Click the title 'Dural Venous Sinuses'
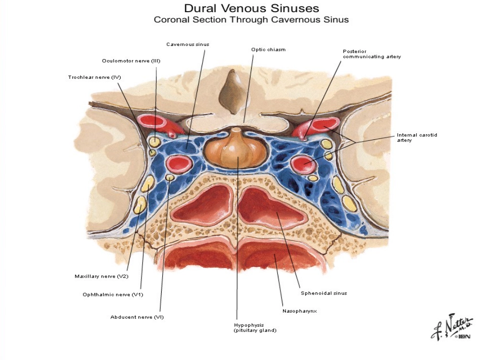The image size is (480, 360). coord(251,8)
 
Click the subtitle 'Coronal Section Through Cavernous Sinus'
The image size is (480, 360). coord(251,20)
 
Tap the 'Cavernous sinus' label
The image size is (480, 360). coord(187,44)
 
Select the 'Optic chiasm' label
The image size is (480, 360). coord(268,49)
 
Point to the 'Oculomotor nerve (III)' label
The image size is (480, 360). coord(131,61)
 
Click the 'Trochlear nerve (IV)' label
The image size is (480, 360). coord(94,77)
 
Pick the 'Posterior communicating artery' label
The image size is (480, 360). coord(372,54)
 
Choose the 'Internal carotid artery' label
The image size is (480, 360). coord(417,137)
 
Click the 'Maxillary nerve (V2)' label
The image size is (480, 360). coord(102,276)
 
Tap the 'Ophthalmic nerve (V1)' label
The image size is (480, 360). coord(113,294)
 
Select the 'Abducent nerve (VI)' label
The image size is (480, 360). coord(137,317)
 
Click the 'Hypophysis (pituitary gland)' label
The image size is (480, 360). coord(255,328)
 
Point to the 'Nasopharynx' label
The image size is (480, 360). coord(300,311)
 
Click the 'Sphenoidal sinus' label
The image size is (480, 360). coord(323,293)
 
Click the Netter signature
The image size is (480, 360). coord(452,327)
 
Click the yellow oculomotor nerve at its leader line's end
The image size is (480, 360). coord(155,141)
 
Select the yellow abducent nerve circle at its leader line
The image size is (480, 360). coord(170,177)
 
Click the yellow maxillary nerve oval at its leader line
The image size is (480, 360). coord(141,204)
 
